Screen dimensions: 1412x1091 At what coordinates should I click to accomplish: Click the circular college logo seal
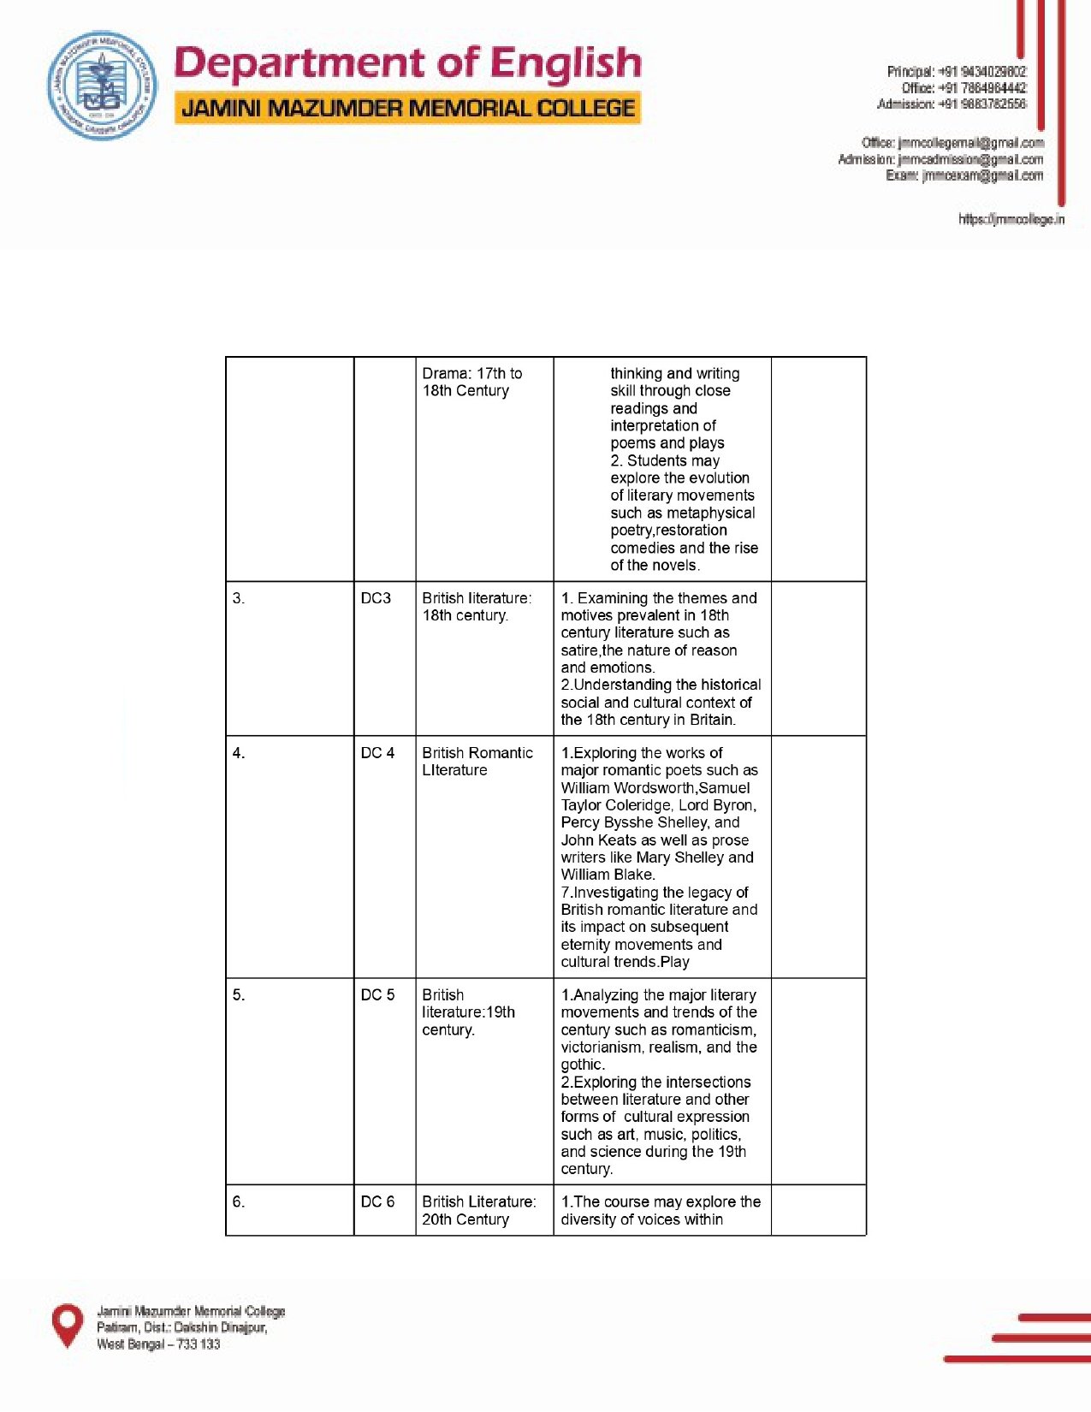pyautogui.click(x=102, y=86)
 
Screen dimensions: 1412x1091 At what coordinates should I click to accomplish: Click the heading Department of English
pyautogui.click(x=407, y=64)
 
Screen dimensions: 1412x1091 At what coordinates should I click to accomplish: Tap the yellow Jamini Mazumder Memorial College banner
pyautogui.click(x=407, y=109)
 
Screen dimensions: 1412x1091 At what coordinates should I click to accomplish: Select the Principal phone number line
pyautogui.click(x=956, y=72)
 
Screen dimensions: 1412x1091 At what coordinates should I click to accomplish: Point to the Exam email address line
pyautogui.click(x=964, y=176)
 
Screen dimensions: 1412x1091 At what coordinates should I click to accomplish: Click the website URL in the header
pyautogui.click(x=1011, y=220)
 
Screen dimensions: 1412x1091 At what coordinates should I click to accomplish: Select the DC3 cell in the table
pyautogui.click(x=376, y=598)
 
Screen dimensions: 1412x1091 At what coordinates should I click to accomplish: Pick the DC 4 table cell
pyautogui.click(x=377, y=753)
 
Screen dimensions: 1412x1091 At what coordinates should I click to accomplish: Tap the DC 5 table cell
pyautogui.click(x=377, y=995)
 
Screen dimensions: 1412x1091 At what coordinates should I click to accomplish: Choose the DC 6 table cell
pyautogui.click(x=377, y=1202)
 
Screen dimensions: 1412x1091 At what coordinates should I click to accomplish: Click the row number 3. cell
pyautogui.click(x=239, y=599)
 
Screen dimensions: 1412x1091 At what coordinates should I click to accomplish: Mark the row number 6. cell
pyautogui.click(x=239, y=1202)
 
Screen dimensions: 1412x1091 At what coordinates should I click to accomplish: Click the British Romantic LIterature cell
pyautogui.click(x=477, y=762)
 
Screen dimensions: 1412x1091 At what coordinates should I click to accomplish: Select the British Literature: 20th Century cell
pyautogui.click(x=478, y=1211)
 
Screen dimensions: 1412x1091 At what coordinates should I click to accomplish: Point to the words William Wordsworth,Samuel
pyautogui.click(x=655, y=788)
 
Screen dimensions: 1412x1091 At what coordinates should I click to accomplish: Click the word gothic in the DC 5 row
pyautogui.click(x=582, y=1065)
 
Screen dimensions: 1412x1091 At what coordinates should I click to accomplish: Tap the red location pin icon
pyautogui.click(x=68, y=1325)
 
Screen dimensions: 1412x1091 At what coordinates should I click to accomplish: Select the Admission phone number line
pyautogui.click(x=951, y=104)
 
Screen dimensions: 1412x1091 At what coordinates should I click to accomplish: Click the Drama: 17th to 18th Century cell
pyautogui.click(x=471, y=382)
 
